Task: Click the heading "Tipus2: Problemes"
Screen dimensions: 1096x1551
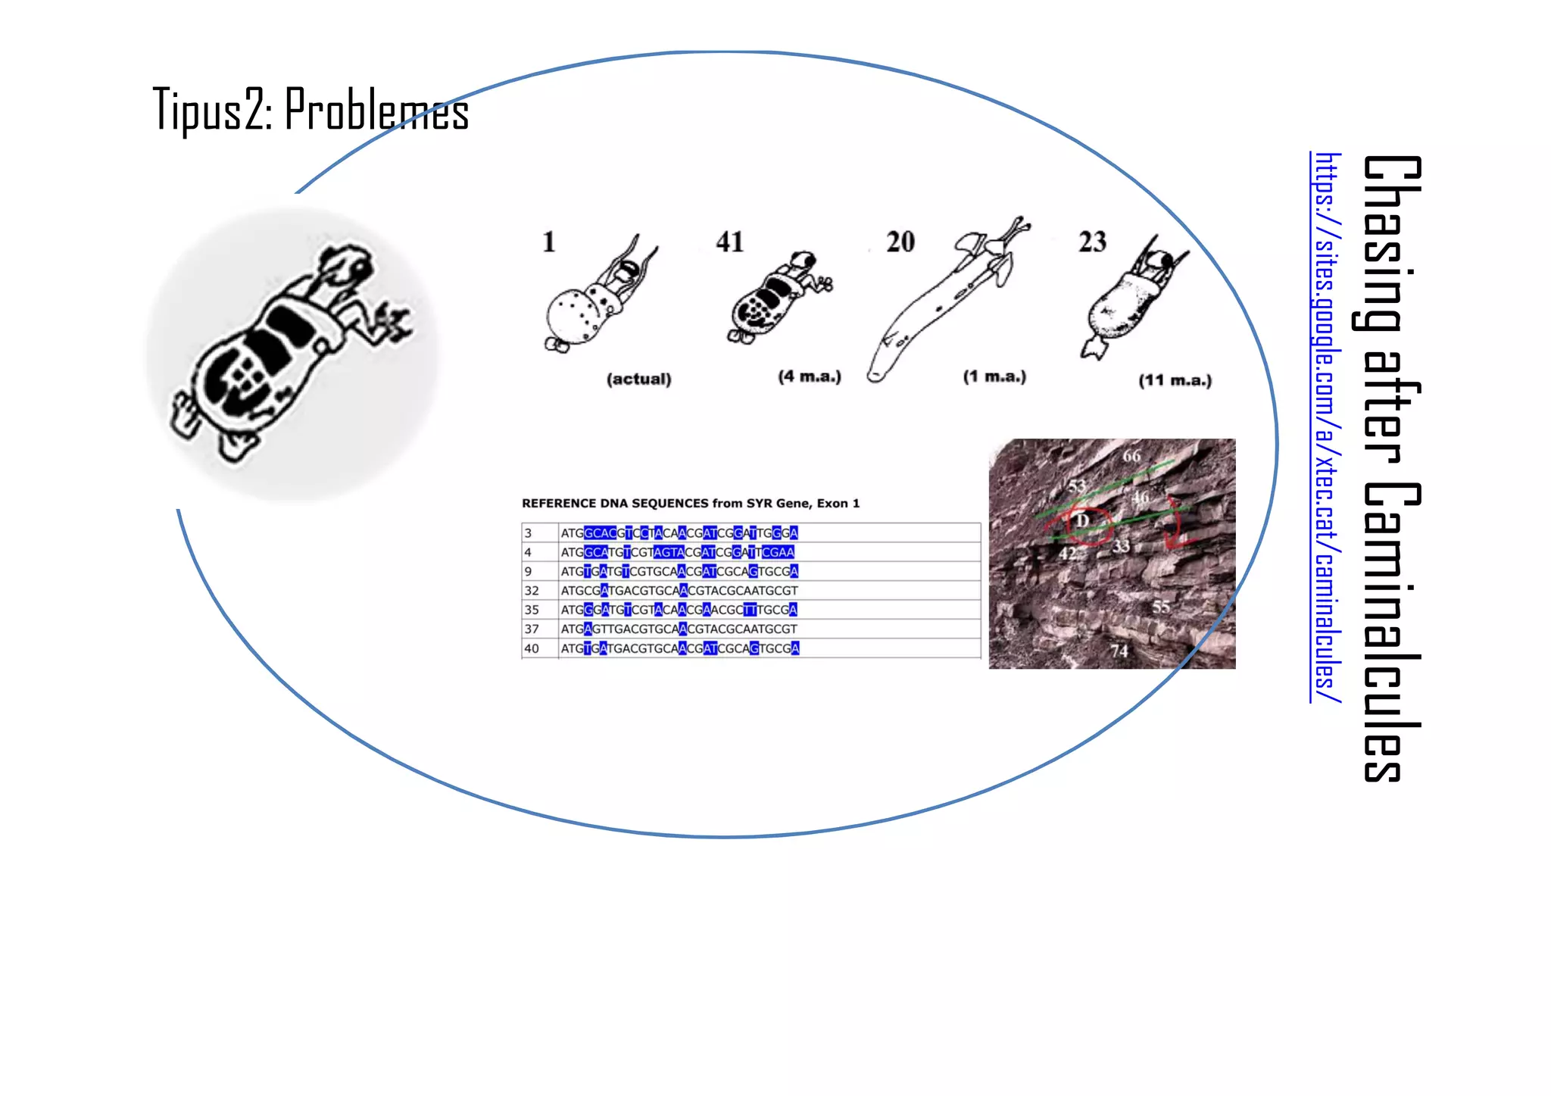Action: (x=311, y=111)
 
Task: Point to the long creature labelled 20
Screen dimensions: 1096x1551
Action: (x=947, y=303)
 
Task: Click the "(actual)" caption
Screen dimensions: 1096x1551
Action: (x=638, y=379)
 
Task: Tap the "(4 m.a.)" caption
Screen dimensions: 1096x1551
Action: (x=810, y=376)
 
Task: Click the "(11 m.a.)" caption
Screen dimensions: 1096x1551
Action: (x=1175, y=380)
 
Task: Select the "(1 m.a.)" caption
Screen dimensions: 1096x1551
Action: (x=994, y=376)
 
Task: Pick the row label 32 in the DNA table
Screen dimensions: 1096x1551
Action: (x=532, y=591)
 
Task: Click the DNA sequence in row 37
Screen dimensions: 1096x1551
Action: (x=679, y=629)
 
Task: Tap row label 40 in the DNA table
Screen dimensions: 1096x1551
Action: (x=532, y=648)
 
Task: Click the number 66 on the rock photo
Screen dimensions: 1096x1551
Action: (x=1131, y=456)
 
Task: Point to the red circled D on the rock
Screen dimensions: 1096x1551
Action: (x=1083, y=521)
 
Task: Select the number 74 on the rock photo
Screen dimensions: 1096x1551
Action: (x=1119, y=651)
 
